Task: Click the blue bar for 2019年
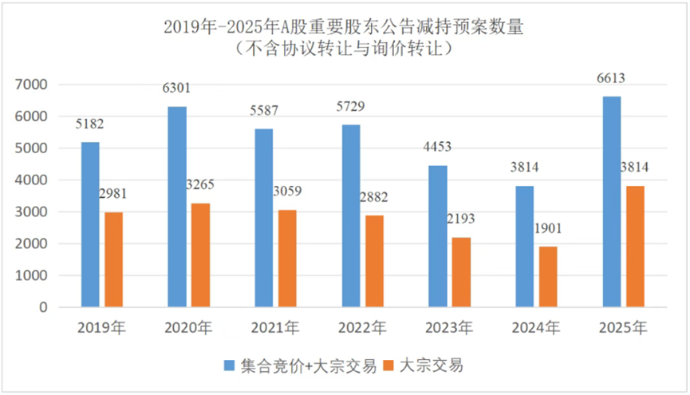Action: pos(90,224)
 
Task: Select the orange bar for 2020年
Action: pos(202,255)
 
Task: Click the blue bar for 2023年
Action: pos(438,236)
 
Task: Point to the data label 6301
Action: pos(177,88)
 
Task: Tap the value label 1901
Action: pos(550,229)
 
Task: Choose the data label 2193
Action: pos(463,219)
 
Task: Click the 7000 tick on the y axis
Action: pos(33,85)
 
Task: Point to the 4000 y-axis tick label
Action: pos(33,180)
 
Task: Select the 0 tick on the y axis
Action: pos(43,307)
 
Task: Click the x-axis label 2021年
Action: pos(275,327)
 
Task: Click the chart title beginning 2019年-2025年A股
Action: pos(344,26)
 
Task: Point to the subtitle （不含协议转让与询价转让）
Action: pos(344,48)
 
